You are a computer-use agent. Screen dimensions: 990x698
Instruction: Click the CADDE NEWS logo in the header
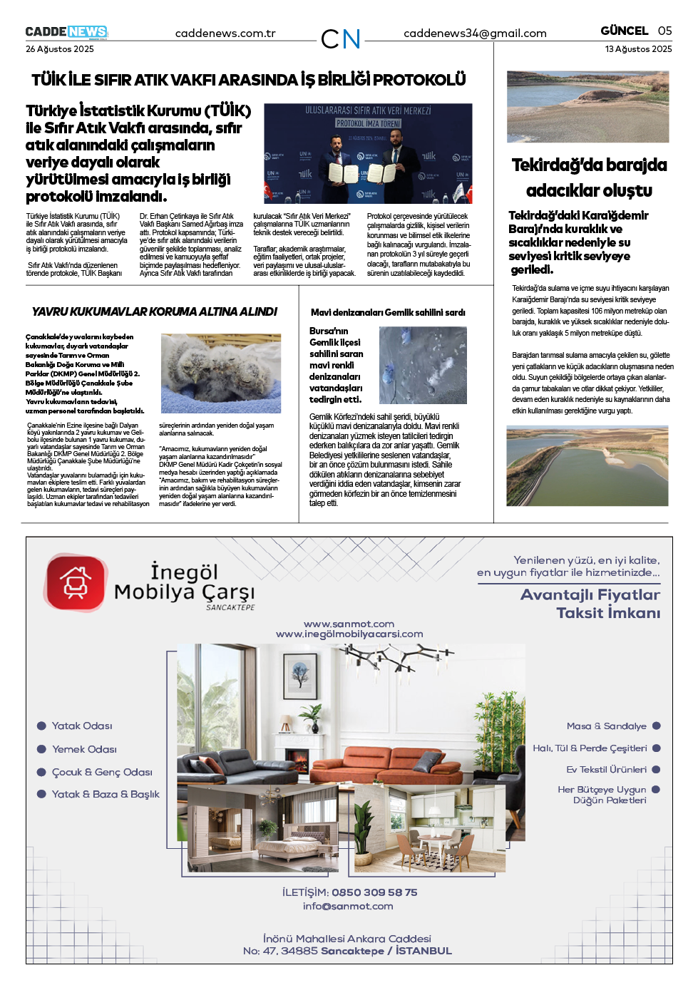tap(66, 32)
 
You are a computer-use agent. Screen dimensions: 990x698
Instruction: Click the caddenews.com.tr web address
tap(225, 33)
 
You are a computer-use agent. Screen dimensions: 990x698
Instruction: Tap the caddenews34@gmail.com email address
tap(475, 33)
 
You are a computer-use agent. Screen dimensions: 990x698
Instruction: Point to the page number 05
tap(664, 31)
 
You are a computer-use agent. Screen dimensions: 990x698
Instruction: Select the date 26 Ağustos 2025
tap(60, 49)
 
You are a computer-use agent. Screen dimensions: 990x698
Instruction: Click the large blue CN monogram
tap(341, 39)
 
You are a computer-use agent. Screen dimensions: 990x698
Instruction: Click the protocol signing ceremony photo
tap(368, 153)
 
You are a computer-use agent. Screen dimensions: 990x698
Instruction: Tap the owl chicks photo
tap(221, 373)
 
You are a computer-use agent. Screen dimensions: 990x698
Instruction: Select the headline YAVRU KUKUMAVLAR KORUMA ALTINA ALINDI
tap(155, 311)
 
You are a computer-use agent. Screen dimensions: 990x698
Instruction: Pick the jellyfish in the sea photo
tap(423, 366)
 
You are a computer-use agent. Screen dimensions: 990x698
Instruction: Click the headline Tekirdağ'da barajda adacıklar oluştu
tap(589, 177)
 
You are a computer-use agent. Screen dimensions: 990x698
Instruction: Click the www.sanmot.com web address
tap(349, 624)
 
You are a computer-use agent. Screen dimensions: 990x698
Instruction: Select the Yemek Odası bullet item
tap(84, 749)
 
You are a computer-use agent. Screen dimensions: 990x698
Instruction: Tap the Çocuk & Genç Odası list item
tap(102, 772)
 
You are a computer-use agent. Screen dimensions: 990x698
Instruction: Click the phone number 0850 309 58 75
tap(374, 892)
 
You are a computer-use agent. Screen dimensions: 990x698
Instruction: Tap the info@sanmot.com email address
tap(348, 907)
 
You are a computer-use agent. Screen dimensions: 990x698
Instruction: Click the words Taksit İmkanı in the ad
tap(608, 613)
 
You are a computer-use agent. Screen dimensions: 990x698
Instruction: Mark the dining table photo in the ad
tap(428, 829)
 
